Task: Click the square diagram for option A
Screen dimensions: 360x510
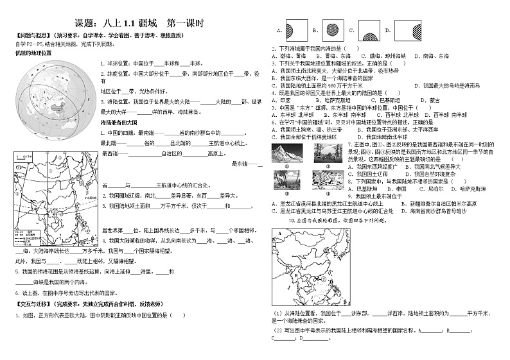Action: pyautogui.click(x=291, y=30)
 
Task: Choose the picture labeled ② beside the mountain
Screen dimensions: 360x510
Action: pyautogui.click(x=323, y=152)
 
